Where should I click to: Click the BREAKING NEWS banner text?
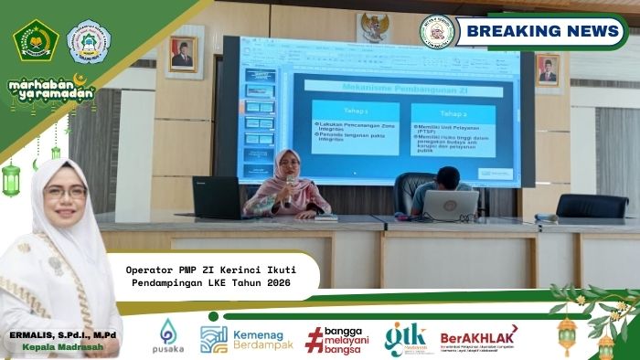[543, 31]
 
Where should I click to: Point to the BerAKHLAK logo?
[477, 338]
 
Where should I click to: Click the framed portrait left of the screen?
[182, 54]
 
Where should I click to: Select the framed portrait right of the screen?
[548, 69]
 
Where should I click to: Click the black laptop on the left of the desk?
[216, 197]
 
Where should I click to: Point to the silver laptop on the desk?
[450, 206]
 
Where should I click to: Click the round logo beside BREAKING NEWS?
[436, 31]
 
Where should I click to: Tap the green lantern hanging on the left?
[11, 178]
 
